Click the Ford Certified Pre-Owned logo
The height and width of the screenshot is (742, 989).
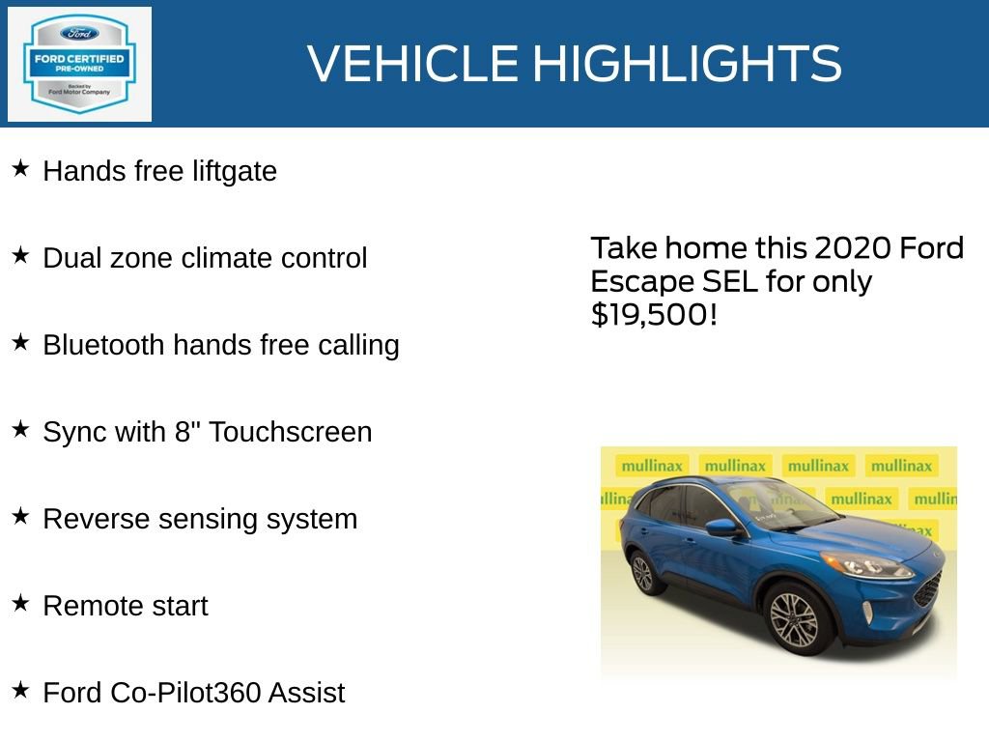click(x=79, y=64)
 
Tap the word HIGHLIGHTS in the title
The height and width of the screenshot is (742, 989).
click(x=687, y=64)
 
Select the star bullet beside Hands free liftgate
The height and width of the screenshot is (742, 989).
click(x=20, y=169)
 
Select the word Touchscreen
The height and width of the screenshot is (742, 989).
click(x=290, y=432)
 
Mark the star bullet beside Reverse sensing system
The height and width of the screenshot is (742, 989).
click(x=20, y=517)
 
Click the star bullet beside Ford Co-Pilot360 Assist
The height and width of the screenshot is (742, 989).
click(x=20, y=691)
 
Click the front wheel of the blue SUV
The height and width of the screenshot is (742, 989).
click(x=794, y=618)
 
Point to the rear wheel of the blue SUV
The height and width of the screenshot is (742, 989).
click(x=643, y=572)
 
